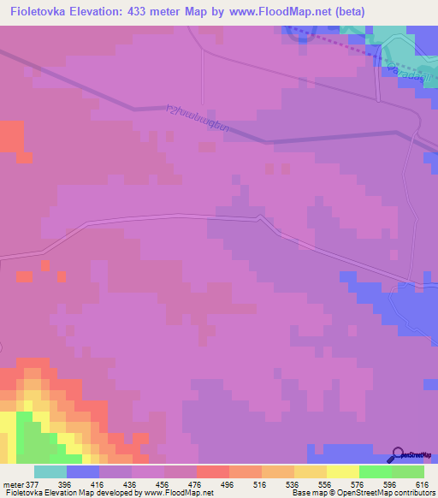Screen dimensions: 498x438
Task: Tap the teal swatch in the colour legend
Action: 50,471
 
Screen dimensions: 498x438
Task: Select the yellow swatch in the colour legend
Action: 342,471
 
